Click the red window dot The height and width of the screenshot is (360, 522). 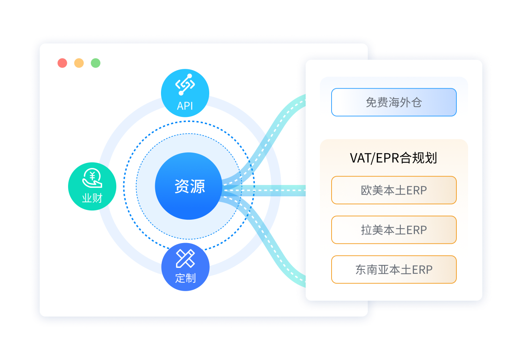coord(62,63)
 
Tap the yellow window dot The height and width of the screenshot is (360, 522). coord(79,63)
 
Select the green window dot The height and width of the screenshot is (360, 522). coord(95,63)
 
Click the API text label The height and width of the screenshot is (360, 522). coord(185,106)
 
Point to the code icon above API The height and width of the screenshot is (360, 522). coord(185,85)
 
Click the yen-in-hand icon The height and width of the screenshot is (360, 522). coord(92,178)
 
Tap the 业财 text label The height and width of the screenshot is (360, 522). coord(92,198)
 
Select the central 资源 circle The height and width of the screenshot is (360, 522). coord(189,186)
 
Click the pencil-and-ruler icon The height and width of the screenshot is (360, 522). coord(185,258)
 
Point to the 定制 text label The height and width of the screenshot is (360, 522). coord(185,278)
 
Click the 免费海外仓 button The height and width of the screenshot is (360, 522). coord(394,102)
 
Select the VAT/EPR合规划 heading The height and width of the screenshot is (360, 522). coord(393,158)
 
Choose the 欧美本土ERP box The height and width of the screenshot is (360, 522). coord(394,190)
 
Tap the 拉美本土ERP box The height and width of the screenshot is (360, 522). coord(394,230)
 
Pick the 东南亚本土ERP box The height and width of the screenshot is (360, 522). coord(394,270)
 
